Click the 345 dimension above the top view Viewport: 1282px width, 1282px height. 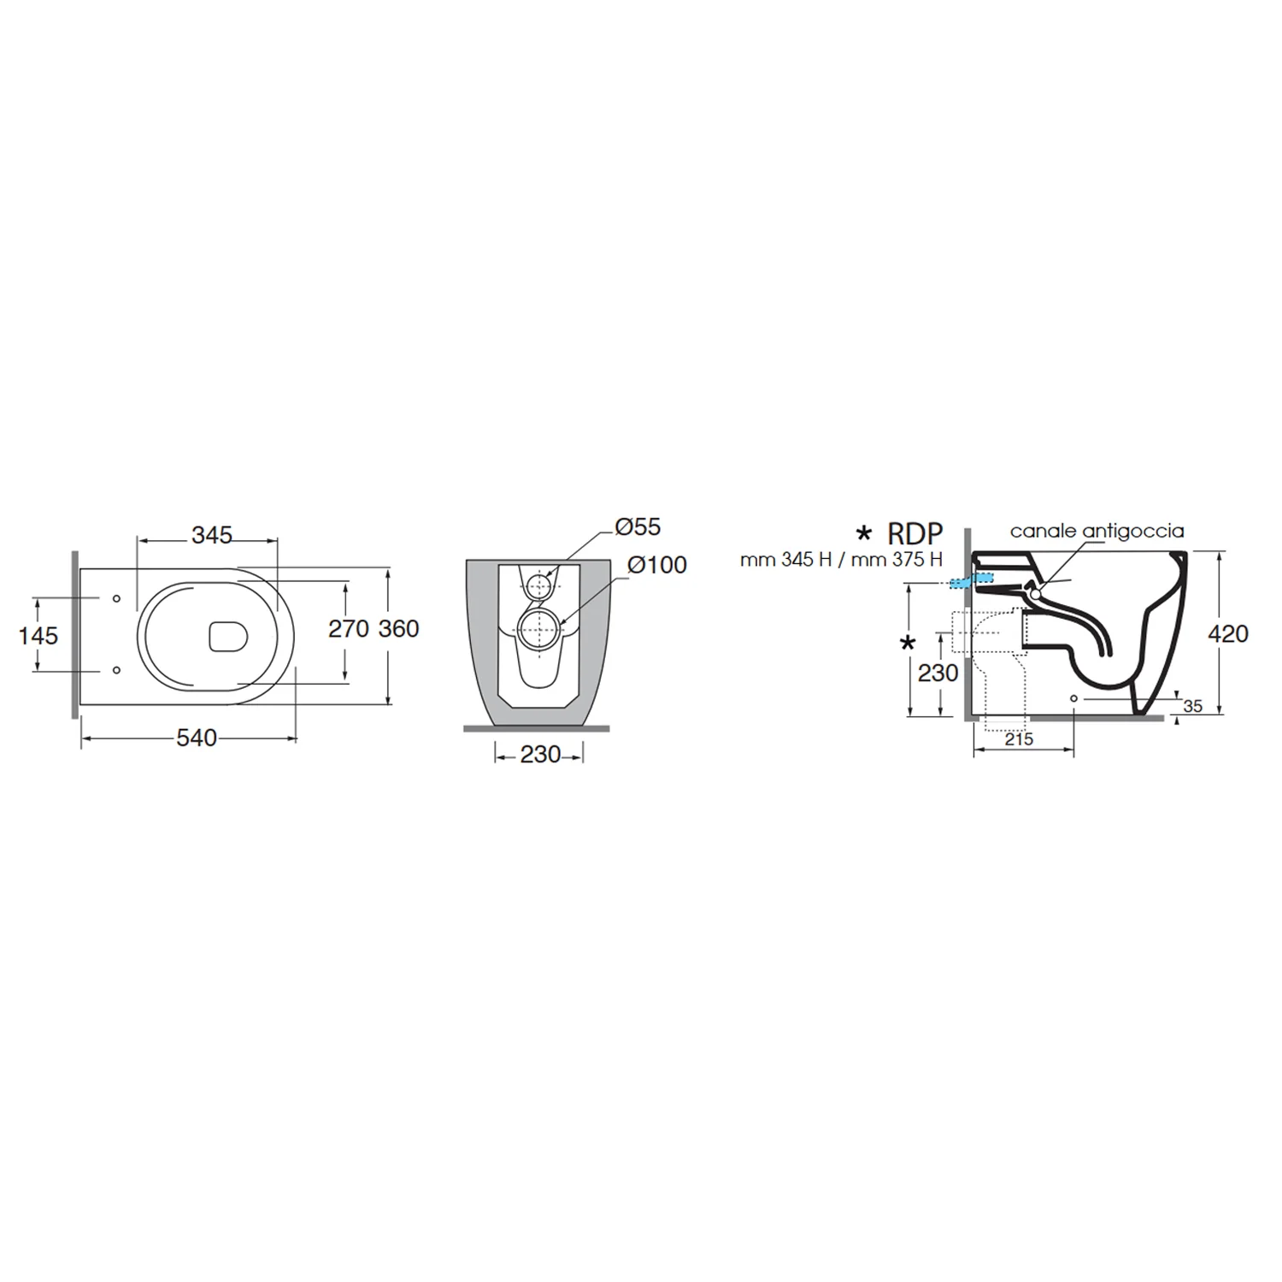coord(211,535)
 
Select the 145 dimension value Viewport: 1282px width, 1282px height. coord(38,636)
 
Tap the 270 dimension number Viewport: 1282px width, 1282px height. coord(349,629)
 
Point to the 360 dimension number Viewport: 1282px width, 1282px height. coord(399,629)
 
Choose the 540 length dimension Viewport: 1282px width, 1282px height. coord(197,738)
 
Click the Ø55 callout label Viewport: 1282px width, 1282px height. coord(638,526)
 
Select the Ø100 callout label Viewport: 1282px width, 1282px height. coord(656,565)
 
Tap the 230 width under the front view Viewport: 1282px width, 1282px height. coord(540,754)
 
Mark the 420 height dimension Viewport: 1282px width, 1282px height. coord(1228,634)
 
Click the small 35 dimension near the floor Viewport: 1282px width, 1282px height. coord(1192,706)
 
